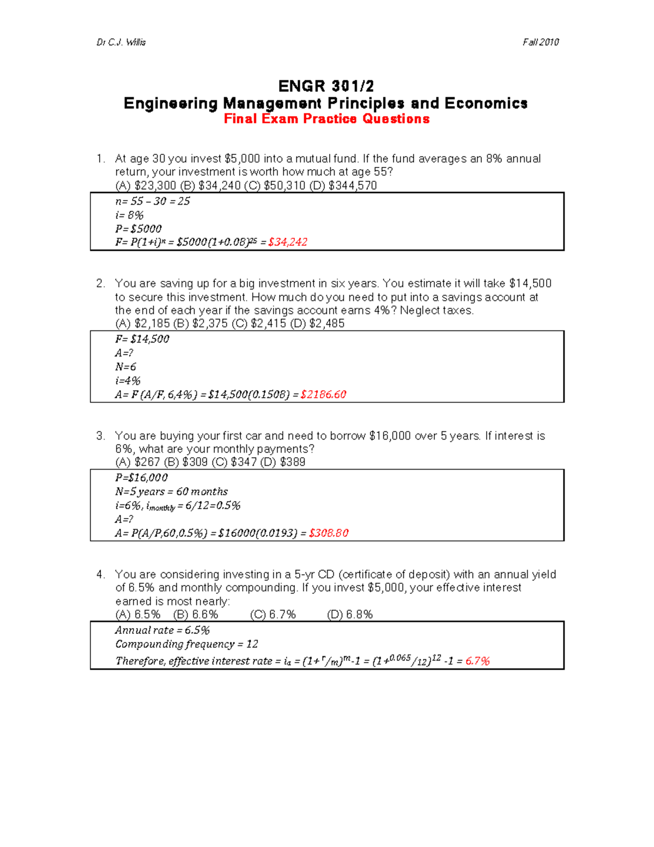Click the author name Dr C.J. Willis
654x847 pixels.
pyautogui.click(x=121, y=42)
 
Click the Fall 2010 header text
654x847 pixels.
pyautogui.click(x=540, y=42)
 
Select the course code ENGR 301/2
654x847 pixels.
pyautogui.click(x=326, y=86)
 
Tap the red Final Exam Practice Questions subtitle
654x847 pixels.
pyautogui.click(x=326, y=119)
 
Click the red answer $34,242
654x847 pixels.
pyautogui.click(x=288, y=242)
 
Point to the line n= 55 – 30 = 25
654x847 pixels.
pyautogui.click(x=153, y=201)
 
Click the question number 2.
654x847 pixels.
pyautogui.click(x=100, y=283)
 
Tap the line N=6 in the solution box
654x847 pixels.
pyautogui.click(x=125, y=367)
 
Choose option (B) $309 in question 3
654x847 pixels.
pyautogui.click(x=186, y=462)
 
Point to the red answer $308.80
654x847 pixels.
pyautogui.click(x=328, y=533)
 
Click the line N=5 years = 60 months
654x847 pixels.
pyautogui.click(x=171, y=491)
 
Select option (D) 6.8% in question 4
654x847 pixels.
pyautogui.click(x=350, y=615)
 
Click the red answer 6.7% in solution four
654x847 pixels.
pyautogui.click(x=477, y=661)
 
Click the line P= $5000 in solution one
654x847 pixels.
pyautogui.click(x=138, y=229)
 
